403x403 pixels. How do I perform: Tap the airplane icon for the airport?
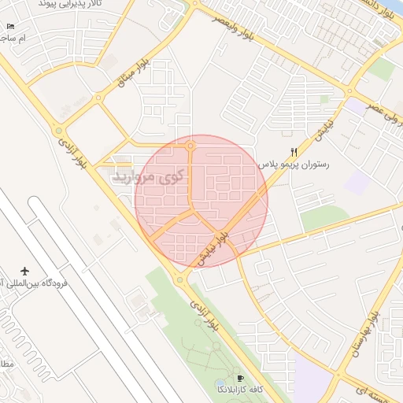point(24,271)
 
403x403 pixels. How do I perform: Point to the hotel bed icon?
point(10,26)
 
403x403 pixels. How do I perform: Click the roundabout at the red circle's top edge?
point(190,146)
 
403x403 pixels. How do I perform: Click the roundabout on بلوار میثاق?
point(98,98)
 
